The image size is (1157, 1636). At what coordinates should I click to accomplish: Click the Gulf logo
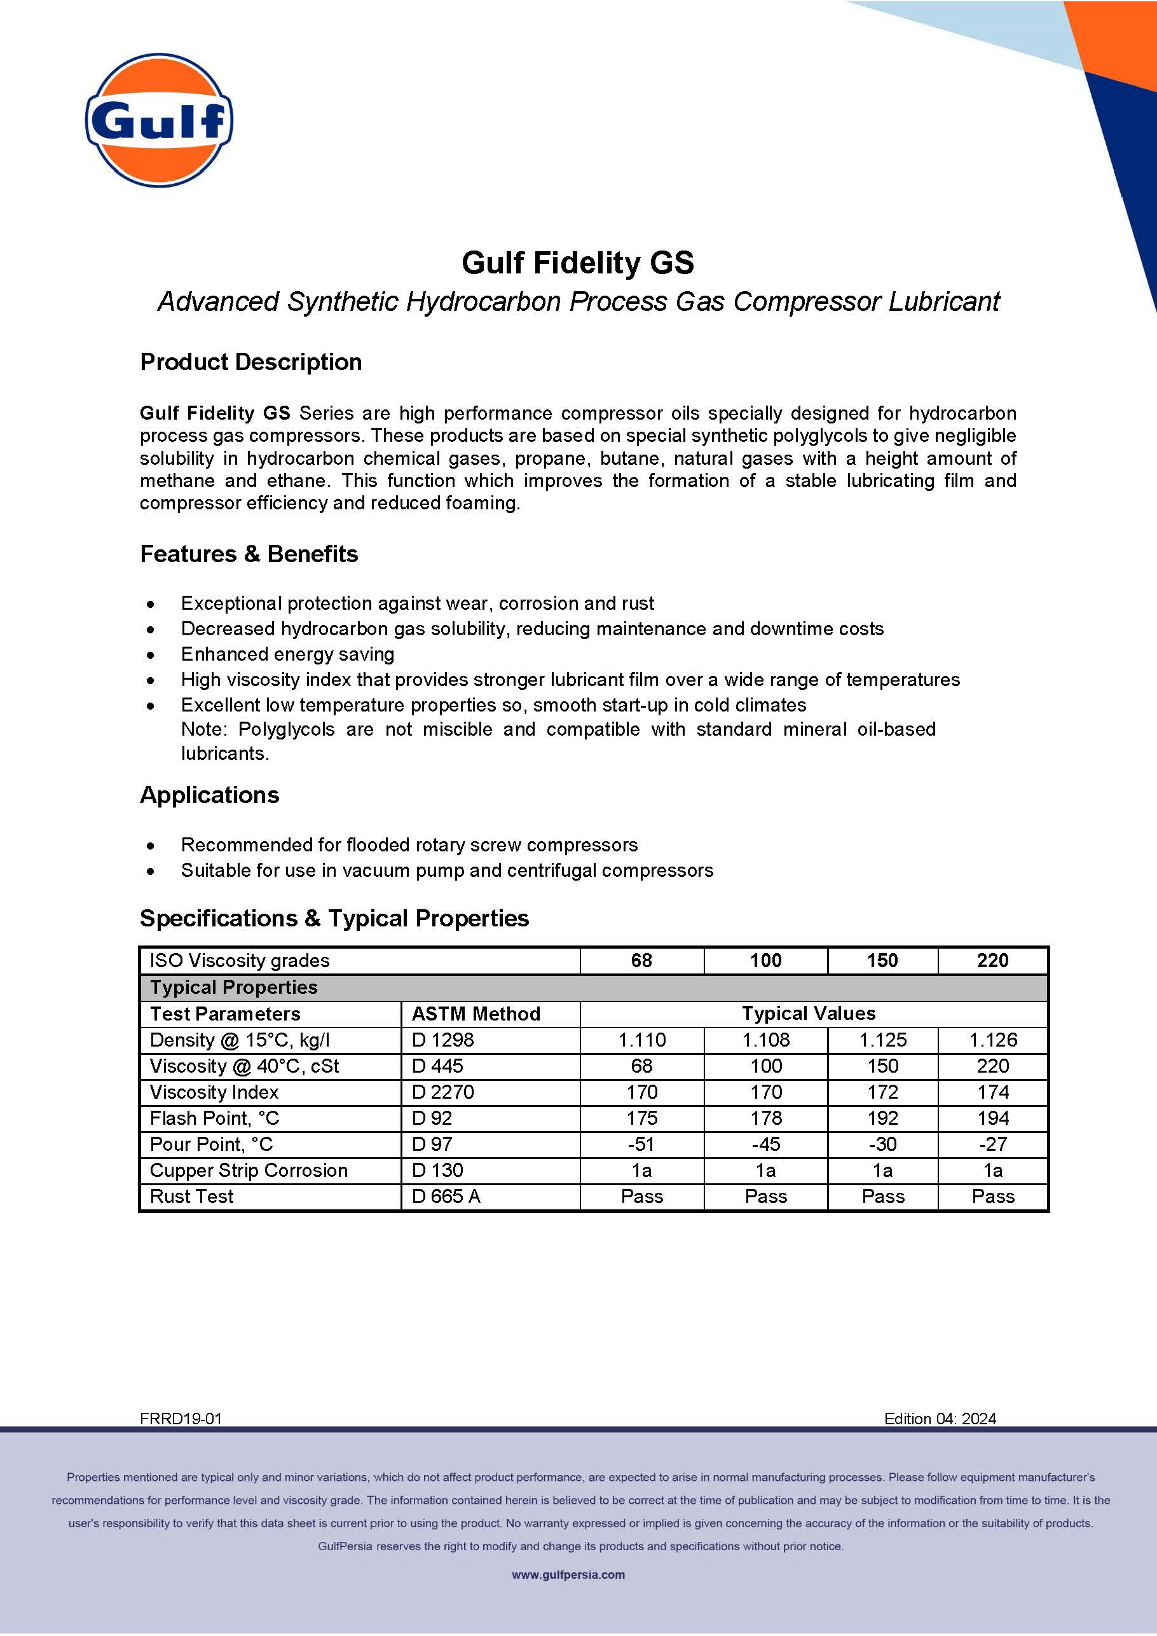pyautogui.click(x=159, y=120)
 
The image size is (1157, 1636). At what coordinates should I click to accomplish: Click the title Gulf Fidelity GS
pyautogui.click(x=578, y=263)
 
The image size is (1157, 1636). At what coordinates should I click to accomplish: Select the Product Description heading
pyautogui.click(x=250, y=362)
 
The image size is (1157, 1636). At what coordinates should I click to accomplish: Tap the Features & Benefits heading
pyautogui.click(x=249, y=554)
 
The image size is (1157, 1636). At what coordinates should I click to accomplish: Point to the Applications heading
pyautogui.click(x=209, y=795)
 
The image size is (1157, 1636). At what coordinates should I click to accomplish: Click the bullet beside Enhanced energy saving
pyautogui.click(x=150, y=655)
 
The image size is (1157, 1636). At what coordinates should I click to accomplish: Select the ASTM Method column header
pyautogui.click(x=476, y=1014)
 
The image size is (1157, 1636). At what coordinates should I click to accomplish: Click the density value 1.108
pyautogui.click(x=765, y=1040)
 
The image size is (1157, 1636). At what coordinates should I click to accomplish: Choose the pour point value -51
pyautogui.click(x=641, y=1145)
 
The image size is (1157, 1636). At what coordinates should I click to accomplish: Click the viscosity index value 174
pyautogui.click(x=992, y=1092)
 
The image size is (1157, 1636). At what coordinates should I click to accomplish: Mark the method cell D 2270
pyautogui.click(x=442, y=1092)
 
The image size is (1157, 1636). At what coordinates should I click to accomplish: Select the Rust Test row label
pyautogui.click(x=191, y=1197)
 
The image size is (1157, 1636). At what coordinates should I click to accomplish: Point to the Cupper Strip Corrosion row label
pyautogui.click(x=249, y=1170)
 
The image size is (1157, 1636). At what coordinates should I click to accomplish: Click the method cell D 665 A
pyautogui.click(x=446, y=1197)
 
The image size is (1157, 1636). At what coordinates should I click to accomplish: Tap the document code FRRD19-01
pyautogui.click(x=181, y=1419)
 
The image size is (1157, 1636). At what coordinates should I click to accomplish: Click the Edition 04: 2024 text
pyautogui.click(x=940, y=1419)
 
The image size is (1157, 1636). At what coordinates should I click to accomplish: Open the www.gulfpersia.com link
pyautogui.click(x=568, y=1575)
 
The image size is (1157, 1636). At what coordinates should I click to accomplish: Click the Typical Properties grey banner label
pyautogui.click(x=234, y=987)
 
